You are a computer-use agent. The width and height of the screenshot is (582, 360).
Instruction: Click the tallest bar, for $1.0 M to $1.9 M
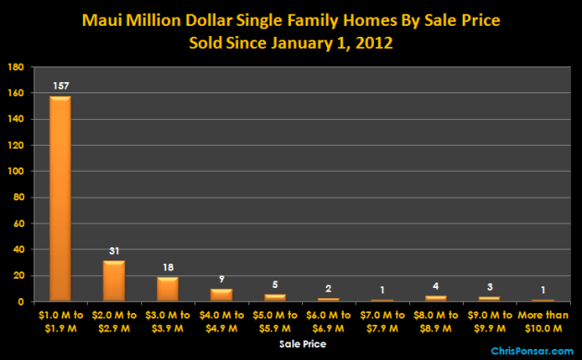[x=60, y=198]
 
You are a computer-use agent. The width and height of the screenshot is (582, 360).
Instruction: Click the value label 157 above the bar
[x=61, y=86]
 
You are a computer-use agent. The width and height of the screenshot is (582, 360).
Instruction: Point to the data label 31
[x=114, y=250]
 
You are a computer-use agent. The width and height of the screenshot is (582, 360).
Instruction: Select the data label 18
[x=166, y=267]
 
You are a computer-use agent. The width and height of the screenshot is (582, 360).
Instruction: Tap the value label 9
[x=220, y=279]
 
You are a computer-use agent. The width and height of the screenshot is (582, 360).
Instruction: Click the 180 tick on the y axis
[x=18, y=66]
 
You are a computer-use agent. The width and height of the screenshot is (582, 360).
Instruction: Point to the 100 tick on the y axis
[x=18, y=171]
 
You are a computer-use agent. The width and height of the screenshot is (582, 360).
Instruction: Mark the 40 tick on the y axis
[x=19, y=249]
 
